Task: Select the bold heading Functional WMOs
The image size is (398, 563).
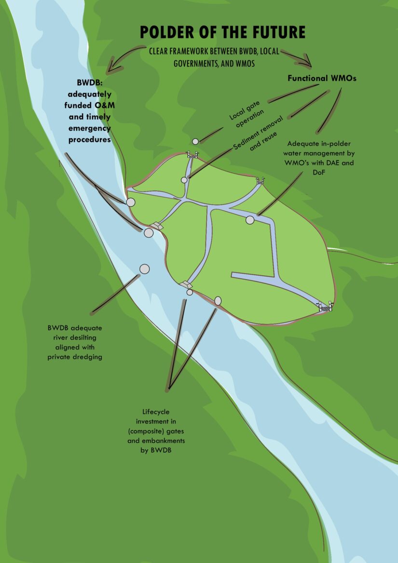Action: (322, 78)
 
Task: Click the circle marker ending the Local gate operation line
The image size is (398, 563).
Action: (195, 141)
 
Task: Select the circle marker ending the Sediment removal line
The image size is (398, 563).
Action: (184, 180)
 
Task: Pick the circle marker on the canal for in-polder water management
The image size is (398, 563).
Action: (250, 220)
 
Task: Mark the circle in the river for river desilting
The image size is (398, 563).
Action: (144, 268)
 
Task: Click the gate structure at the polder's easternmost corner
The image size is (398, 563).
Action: (325, 306)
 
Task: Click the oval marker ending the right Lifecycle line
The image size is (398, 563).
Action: (218, 301)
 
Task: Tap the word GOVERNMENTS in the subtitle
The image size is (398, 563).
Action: (195, 63)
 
